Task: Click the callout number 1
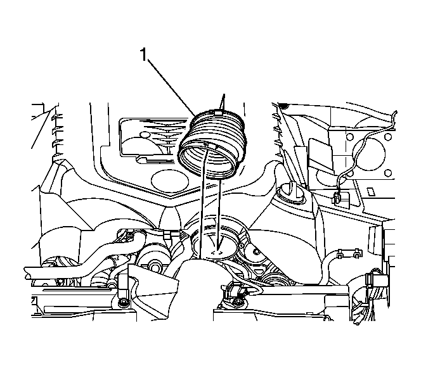144,56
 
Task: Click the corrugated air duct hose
212,144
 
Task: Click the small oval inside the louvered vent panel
146,135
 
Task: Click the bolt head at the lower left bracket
124,303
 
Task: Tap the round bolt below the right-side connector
236,303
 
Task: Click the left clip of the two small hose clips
340,253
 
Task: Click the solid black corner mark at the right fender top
282,105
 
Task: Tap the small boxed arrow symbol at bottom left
34,300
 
